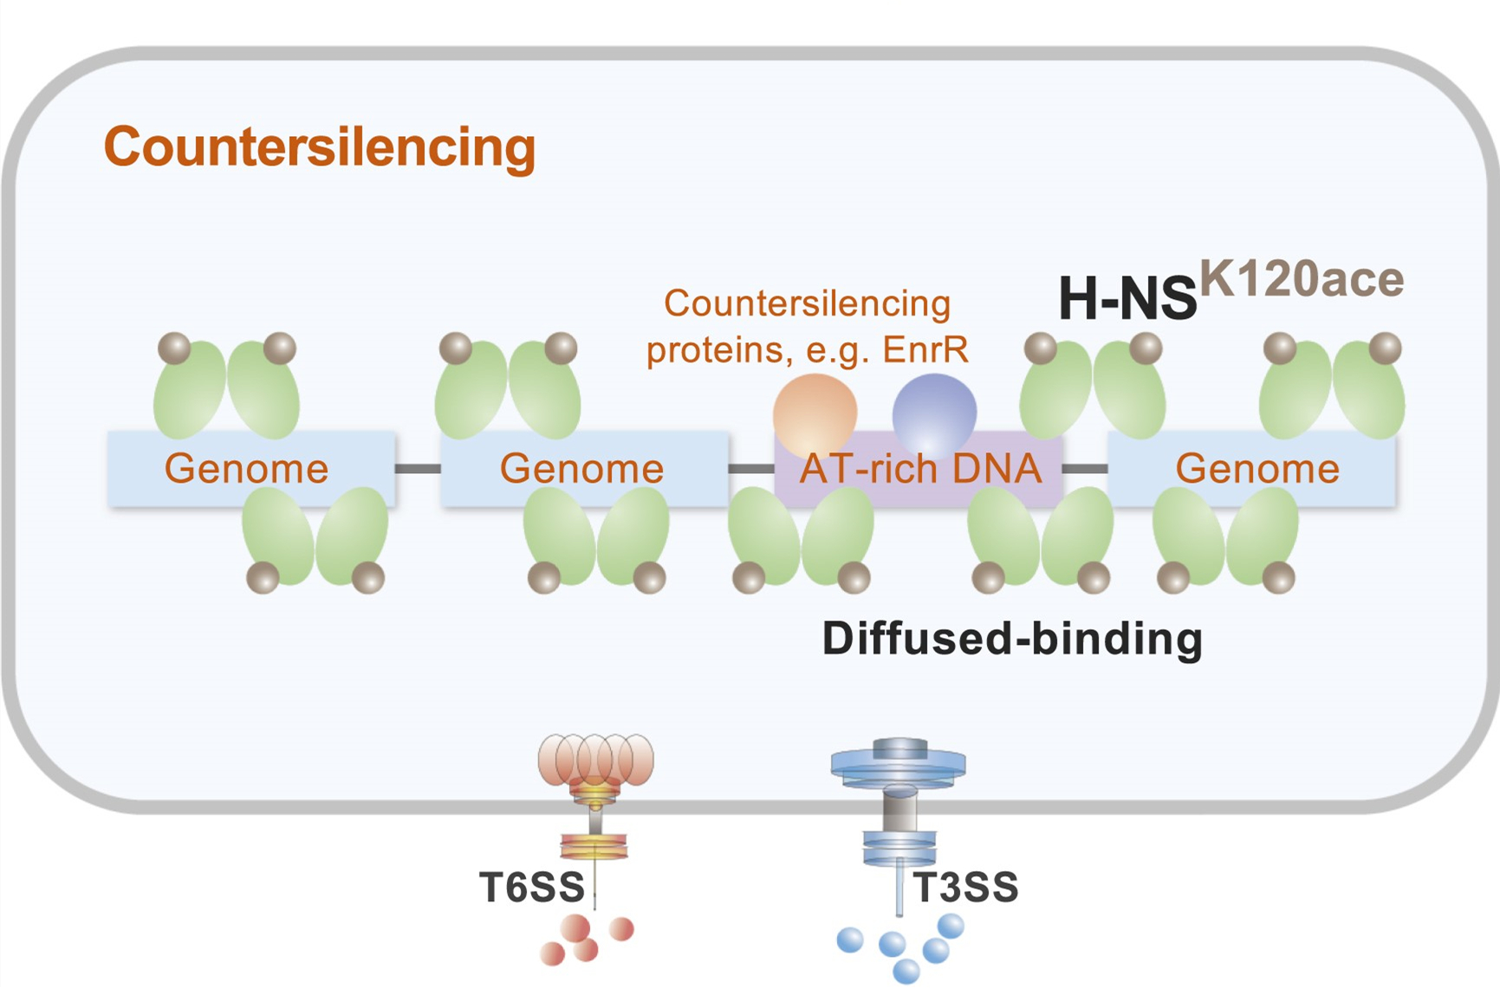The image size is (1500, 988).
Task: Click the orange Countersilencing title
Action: coord(320,146)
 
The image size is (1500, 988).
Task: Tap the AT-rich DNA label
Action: coord(920,469)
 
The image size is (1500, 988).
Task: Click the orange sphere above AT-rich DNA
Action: coord(815,413)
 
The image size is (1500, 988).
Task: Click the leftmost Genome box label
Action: coord(247,469)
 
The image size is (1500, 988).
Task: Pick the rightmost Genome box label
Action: coord(1257,469)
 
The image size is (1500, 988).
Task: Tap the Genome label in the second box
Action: coord(581,469)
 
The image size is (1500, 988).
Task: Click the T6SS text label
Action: coord(532,887)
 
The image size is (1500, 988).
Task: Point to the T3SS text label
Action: coord(966,887)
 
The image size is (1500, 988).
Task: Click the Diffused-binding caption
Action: coord(1012,639)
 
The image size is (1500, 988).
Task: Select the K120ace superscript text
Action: coord(1302,279)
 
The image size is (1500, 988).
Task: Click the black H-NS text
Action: coord(1127,299)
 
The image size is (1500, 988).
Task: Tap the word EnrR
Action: coord(925,350)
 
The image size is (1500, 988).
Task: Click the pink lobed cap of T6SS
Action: coord(595,758)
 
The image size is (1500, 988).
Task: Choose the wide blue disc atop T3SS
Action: coord(899,764)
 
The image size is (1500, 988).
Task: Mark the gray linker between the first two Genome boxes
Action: coord(418,469)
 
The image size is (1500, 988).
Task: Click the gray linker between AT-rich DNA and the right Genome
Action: coord(1085,469)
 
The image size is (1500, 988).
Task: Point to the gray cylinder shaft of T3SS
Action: coord(899,812)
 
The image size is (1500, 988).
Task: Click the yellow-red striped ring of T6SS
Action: coord(594,845)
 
